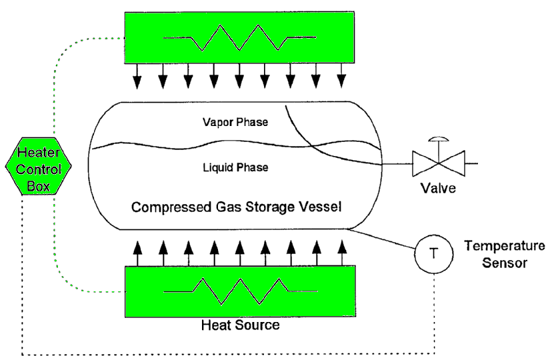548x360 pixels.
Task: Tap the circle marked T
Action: click(x=433, y=253)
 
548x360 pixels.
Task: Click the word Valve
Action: click(x=437, y=188)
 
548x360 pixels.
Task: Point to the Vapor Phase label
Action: click(x=235, y=123)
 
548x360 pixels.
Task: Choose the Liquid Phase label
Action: click(x=235, y=167)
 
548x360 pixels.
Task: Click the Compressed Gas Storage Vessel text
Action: click(x=236, y=207)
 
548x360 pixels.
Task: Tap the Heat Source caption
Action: click(x=240, y=326)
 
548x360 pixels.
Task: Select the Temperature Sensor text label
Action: click(x=505, y=254)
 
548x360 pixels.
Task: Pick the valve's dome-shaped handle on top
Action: click(x=438, y=140)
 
